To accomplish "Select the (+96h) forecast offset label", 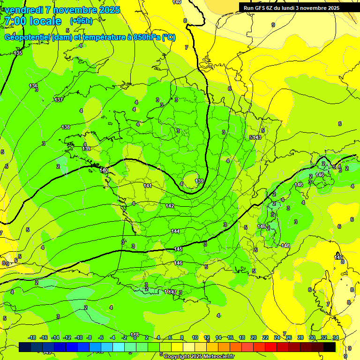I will tap(81, 21).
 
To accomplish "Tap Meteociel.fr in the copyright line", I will tap(217, 357).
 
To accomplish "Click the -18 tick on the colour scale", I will tap(32, 337).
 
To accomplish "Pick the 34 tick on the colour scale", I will tap(336, 337).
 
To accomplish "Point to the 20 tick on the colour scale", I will tap(254, 337).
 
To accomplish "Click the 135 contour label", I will tap(18, 53).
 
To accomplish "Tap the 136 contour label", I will tap(33, 86).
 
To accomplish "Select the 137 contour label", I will tap(59, 100).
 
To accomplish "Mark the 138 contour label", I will tap(66, 127).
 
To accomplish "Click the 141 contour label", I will tap(148, 186).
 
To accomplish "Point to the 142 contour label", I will tap(170, 206).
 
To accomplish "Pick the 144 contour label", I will tap(175, 231).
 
